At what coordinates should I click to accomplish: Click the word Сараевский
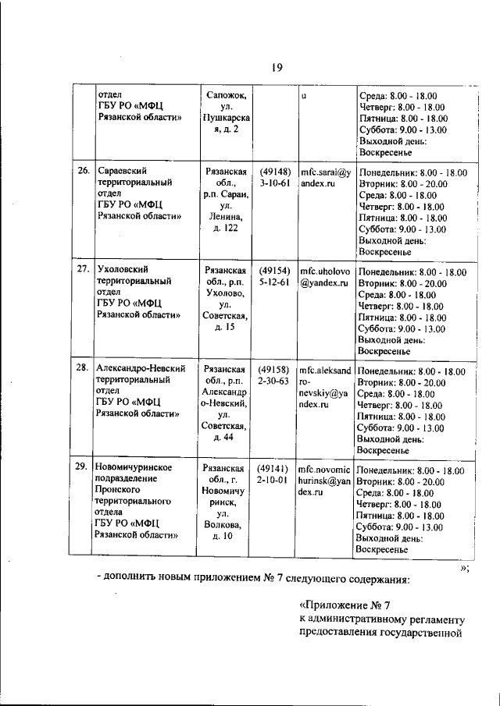[123, 170]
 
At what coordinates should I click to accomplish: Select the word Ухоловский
[122, 269]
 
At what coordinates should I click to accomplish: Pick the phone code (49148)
[275, 171]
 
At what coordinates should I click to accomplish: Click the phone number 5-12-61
[275, 282]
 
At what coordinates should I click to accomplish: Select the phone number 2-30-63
[275, 380]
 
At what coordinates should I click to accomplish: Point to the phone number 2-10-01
[275, 481]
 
